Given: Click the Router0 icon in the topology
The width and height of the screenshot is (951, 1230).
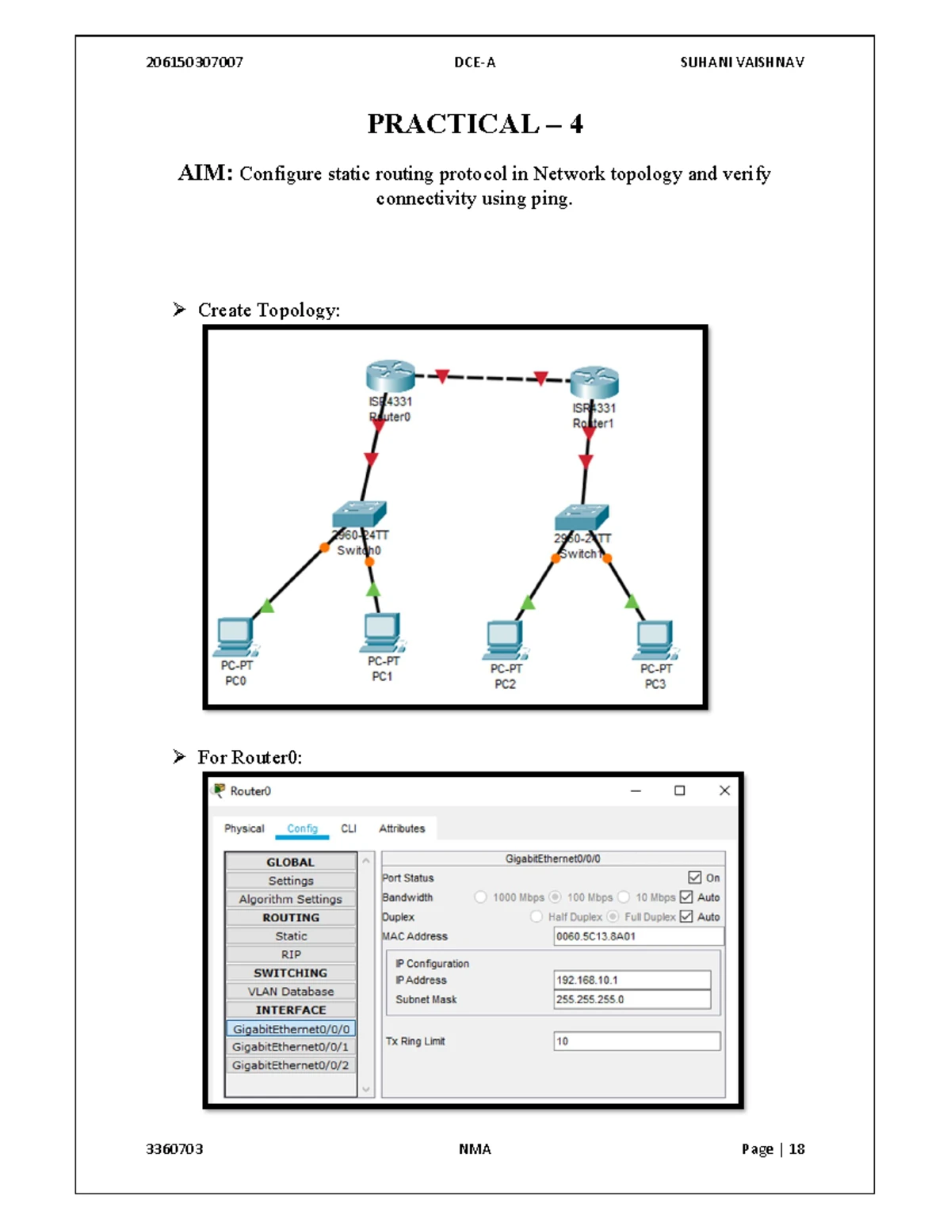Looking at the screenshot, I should click(x=390, y=376).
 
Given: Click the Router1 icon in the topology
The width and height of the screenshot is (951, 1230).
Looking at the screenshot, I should click(x=594, y=382).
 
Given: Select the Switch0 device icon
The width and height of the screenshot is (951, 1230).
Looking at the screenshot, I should click(x=360, y=515).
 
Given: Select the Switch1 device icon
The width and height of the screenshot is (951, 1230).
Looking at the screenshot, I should click(x=582, y=518).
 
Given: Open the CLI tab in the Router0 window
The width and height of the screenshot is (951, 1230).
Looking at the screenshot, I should click(x=349, y=828).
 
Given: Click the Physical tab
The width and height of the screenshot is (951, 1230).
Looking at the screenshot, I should click(x=244, y=828).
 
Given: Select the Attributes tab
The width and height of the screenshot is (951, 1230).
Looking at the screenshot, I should click(x=402, y=828).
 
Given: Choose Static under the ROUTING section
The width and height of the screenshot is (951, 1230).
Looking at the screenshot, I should click(x=291, y=936).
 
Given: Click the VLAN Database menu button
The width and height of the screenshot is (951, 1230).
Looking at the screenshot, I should click(x=291, y=992).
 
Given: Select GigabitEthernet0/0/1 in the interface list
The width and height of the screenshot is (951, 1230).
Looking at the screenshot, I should click(x=291, y=1047).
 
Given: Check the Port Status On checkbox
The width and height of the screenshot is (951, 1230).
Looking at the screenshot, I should click(x=695, y=878).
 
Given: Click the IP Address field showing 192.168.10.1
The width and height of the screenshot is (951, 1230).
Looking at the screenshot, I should click(x=632, y=981).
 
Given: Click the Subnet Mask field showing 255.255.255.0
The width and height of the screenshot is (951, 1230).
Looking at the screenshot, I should click(x=632, y=1000).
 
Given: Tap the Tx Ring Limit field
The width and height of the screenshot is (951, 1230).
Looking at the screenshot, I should click(x=636, y=1042).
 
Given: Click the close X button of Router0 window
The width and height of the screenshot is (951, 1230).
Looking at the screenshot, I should click(x=724, y=790).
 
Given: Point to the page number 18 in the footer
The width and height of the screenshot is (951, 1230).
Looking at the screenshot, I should click(x=796, y=1149).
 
